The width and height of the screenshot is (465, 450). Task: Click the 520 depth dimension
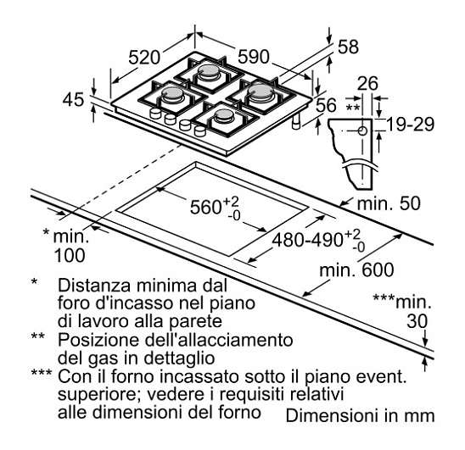[144, 58]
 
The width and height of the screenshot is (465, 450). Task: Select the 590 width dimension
[254, 57]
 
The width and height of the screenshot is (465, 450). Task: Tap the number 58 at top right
[348, 47]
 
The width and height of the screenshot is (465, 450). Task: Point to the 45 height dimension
[73, 99]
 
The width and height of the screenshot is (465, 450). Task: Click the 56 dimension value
[326, 105]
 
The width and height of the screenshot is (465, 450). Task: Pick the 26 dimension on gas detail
[367, 84]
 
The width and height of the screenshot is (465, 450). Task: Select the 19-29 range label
[411, 125]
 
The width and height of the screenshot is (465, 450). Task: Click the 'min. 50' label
[389, 204]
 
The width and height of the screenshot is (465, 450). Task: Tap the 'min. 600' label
[356, 270]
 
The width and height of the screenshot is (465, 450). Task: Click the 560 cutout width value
[205, 207]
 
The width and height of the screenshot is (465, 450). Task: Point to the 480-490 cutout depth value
[308, 240]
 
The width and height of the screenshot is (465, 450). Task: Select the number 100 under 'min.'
[70, 255]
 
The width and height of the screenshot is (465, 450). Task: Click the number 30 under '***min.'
[417, 321]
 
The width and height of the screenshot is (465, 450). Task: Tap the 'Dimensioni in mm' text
[360, 415]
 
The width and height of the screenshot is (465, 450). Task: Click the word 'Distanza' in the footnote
[94, 286]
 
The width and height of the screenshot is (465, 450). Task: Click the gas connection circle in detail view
[362, 131]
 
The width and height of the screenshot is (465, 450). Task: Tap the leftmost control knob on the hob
[155, 114]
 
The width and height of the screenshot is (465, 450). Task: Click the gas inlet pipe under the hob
[296, 122]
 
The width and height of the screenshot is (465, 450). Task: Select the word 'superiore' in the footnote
[100, 395]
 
